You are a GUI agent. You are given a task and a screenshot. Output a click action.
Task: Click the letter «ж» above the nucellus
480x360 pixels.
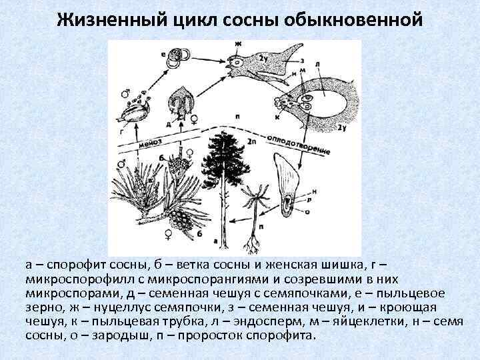(238, 43)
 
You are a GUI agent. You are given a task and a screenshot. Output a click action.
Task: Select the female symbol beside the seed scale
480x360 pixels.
(194, 121)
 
